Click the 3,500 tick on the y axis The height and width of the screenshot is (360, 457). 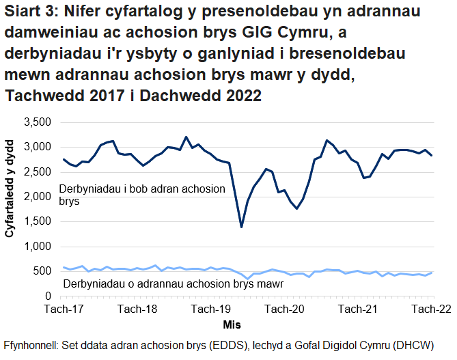pyautogui.click(x=36, y=122)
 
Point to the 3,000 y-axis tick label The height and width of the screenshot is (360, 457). pyautogui.click(x=36, y=147)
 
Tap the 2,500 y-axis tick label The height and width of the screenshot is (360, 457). pyautogui.click(x=36, y=172)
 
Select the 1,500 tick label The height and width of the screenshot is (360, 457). pyautogui.click(x=36, y=222)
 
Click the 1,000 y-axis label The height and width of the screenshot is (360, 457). pyautogui.click(x=36, y=247)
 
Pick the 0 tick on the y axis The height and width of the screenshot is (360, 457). pyautogui.click(x=46, y=296)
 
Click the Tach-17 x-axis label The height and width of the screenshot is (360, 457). pyautogui.click(x=64, y=309)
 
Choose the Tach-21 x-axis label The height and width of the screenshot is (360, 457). pyautogui.click(x=359, y=309)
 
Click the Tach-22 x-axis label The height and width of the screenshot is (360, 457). pyautogui.click(x=431, y=309)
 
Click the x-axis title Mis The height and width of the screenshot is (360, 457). pyautogui.click(x=232, y=323)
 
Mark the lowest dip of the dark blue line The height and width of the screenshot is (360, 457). pyautogui.click(x=241, y=227)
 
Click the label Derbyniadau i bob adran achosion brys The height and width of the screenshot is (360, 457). pyautogui.click(x=142, y=195)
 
